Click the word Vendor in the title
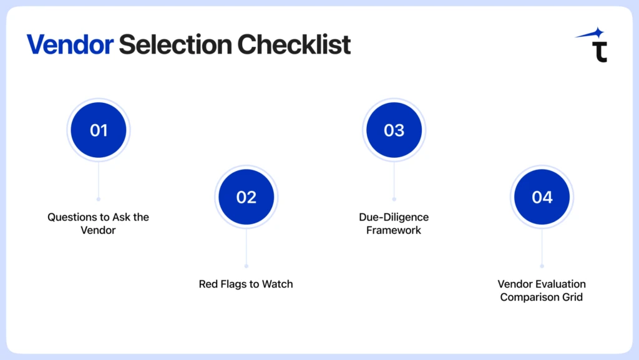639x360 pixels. tap(70, 45)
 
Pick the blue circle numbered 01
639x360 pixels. tap(99, 130)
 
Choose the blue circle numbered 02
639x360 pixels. tap(246, 197)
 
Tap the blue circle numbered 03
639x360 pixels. tap(394, 130)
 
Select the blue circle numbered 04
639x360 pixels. tap(542, 197)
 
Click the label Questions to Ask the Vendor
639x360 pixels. tap(99, 223)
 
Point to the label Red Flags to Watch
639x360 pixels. tap(246, 284)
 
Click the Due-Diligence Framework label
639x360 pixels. tap(394, 223)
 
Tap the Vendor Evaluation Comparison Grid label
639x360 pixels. tap(542, 291)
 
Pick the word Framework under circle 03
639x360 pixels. tap(394, 230)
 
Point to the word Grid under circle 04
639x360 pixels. tap(571, 297)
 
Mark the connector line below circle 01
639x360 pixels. tap(99, 181)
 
